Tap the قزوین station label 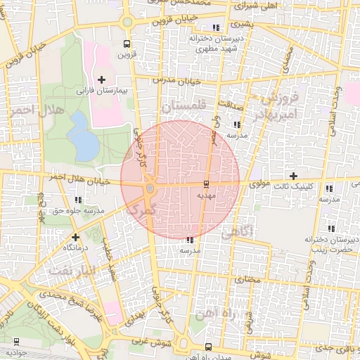pos(126,53)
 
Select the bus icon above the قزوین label pos(127,42)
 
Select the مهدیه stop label pos(205,198)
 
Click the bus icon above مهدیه pos(205,184)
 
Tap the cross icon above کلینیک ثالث pos(293,175)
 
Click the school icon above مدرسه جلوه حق pos(51,199)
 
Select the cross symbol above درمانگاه pos(76,237)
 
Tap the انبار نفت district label pos(70,271)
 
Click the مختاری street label pos(247,280)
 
